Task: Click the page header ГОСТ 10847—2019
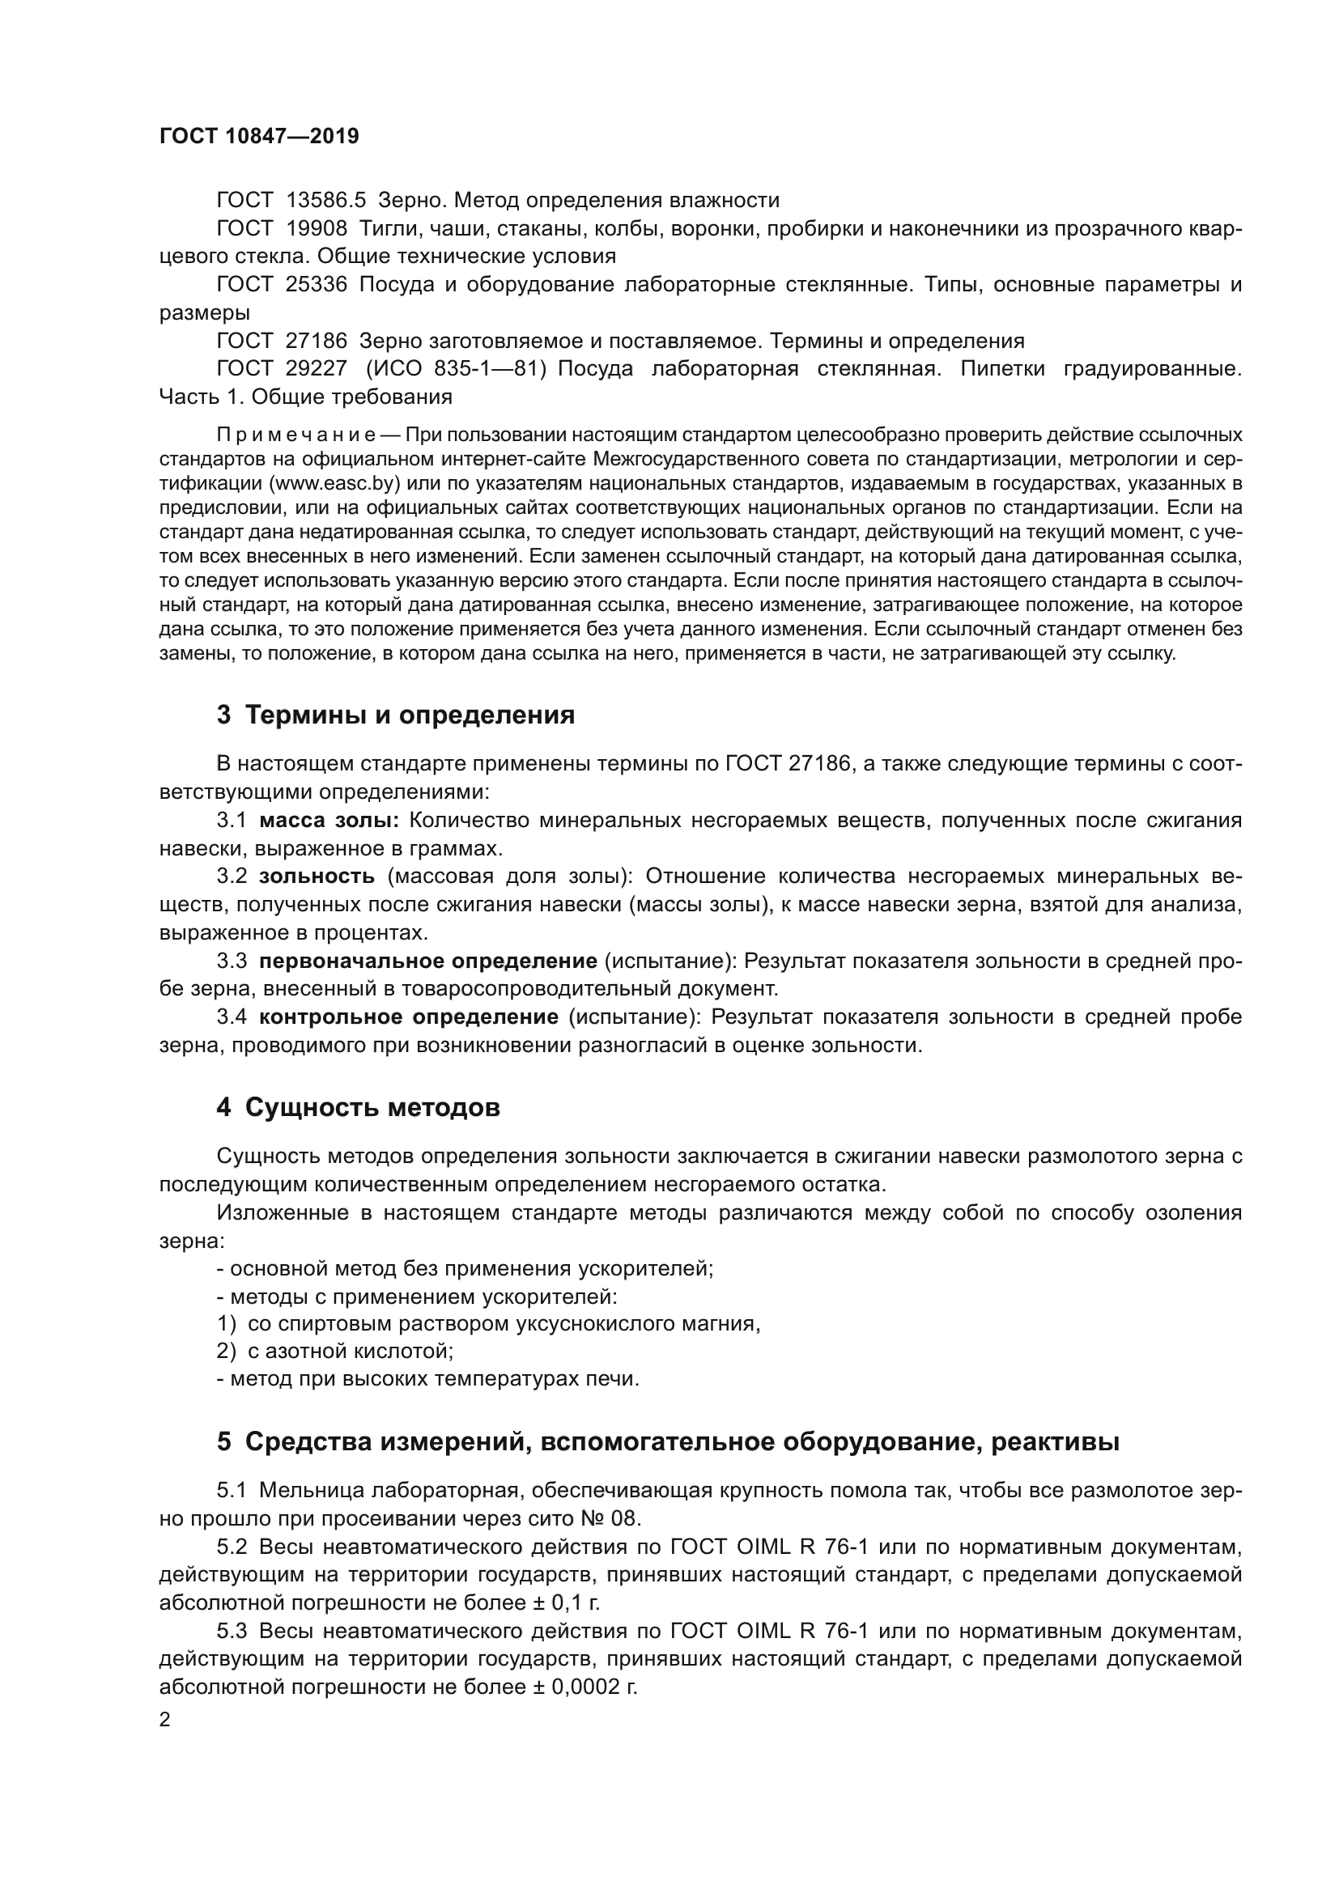pos(259,136)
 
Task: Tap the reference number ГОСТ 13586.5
pos(291,201)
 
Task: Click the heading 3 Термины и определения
pos(396,715)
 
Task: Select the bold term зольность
pos(317,876)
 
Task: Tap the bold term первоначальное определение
pos(428,961)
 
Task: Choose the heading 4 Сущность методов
pos(358,1107)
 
